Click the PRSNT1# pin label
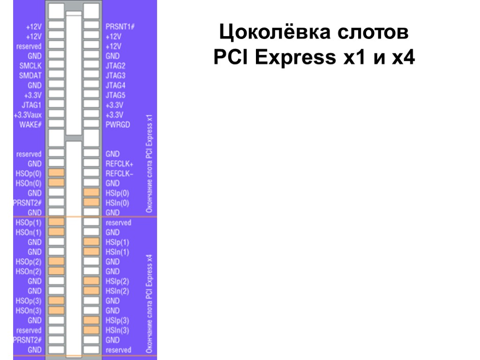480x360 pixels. (120, 26)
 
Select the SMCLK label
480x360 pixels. (30, 66)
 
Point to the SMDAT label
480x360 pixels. (30, 75)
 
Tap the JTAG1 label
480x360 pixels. (31, 105)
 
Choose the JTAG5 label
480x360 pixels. (116, 95)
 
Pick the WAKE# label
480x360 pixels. (30, 125)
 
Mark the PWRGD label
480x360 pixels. (118, 125)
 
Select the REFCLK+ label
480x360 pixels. (120, 164)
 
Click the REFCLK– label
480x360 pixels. (120, 173)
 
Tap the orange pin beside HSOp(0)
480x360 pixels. (56, 173)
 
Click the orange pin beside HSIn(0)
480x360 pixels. (91, 202)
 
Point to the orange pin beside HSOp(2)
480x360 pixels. (56, 262)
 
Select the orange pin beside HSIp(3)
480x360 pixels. (91, 320)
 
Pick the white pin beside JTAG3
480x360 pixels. (91, 75)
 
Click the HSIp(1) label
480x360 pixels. (117, 242)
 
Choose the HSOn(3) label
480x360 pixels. (29, 310)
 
